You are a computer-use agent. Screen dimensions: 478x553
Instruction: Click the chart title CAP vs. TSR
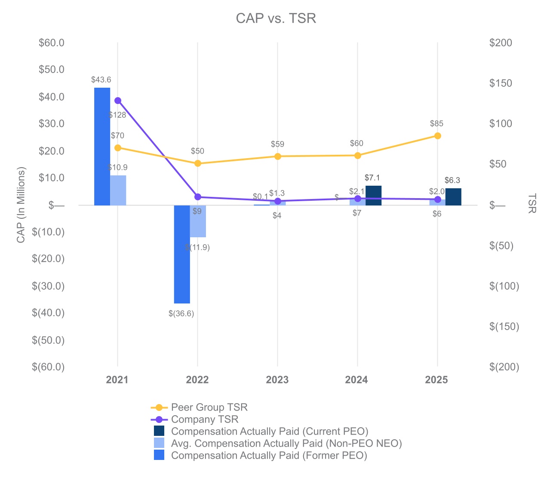[276, 18]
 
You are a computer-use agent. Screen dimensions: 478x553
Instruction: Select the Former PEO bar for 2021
[102, 146]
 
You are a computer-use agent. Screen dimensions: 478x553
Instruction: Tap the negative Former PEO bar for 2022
[182, 254]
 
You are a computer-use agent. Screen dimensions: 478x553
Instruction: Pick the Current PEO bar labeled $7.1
[373, 196]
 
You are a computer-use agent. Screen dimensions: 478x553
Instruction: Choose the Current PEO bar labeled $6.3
[453, 197]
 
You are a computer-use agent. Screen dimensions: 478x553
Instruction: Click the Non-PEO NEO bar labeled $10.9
[118, 190]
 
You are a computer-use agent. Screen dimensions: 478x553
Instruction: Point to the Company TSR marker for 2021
[118, 101]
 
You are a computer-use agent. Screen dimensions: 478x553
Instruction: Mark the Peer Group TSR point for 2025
[437, 136]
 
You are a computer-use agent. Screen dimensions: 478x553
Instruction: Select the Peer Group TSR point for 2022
[198, 163]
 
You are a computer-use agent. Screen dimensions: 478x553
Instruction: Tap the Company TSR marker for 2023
[278, 201]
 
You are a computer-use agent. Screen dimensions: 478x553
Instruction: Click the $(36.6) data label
[181, 314]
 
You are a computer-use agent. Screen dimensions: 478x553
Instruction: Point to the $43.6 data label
[101, 80]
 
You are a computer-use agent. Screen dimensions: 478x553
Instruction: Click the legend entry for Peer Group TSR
[209, 407]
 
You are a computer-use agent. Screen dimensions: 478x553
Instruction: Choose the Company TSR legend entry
[204, 419]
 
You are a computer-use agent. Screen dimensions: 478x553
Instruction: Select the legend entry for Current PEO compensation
[269, 431]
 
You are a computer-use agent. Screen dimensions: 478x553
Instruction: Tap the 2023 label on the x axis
[277, 380]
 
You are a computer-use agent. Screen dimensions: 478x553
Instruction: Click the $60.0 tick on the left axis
[52, 43]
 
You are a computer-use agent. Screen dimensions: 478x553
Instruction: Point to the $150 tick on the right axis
[501, 83]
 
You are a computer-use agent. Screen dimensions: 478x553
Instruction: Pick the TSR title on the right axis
[532, 203]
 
